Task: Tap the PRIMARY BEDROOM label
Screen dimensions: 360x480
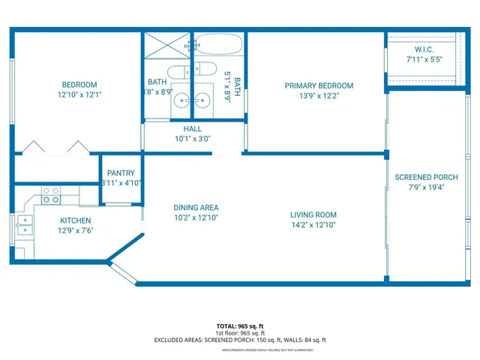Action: (x=318, y=85)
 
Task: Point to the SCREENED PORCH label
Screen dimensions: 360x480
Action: (x=425, y=177)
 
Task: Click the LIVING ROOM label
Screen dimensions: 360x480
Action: (x=313, y=214)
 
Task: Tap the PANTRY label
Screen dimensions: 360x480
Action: (x=121, y=172)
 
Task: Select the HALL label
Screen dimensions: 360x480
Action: (x=193, y=128)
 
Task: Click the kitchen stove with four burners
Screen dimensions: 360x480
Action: (x=51, y=196)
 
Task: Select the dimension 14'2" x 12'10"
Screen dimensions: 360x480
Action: (x=313, y=224)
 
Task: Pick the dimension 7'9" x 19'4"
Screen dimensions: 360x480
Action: (x=425, y=187)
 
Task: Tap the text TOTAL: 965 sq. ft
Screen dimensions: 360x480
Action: (x=240, y=326)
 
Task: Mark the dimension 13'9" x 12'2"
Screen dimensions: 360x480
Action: (x=318, y=95)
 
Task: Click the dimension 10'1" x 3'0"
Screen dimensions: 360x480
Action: (x=193, y=138)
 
